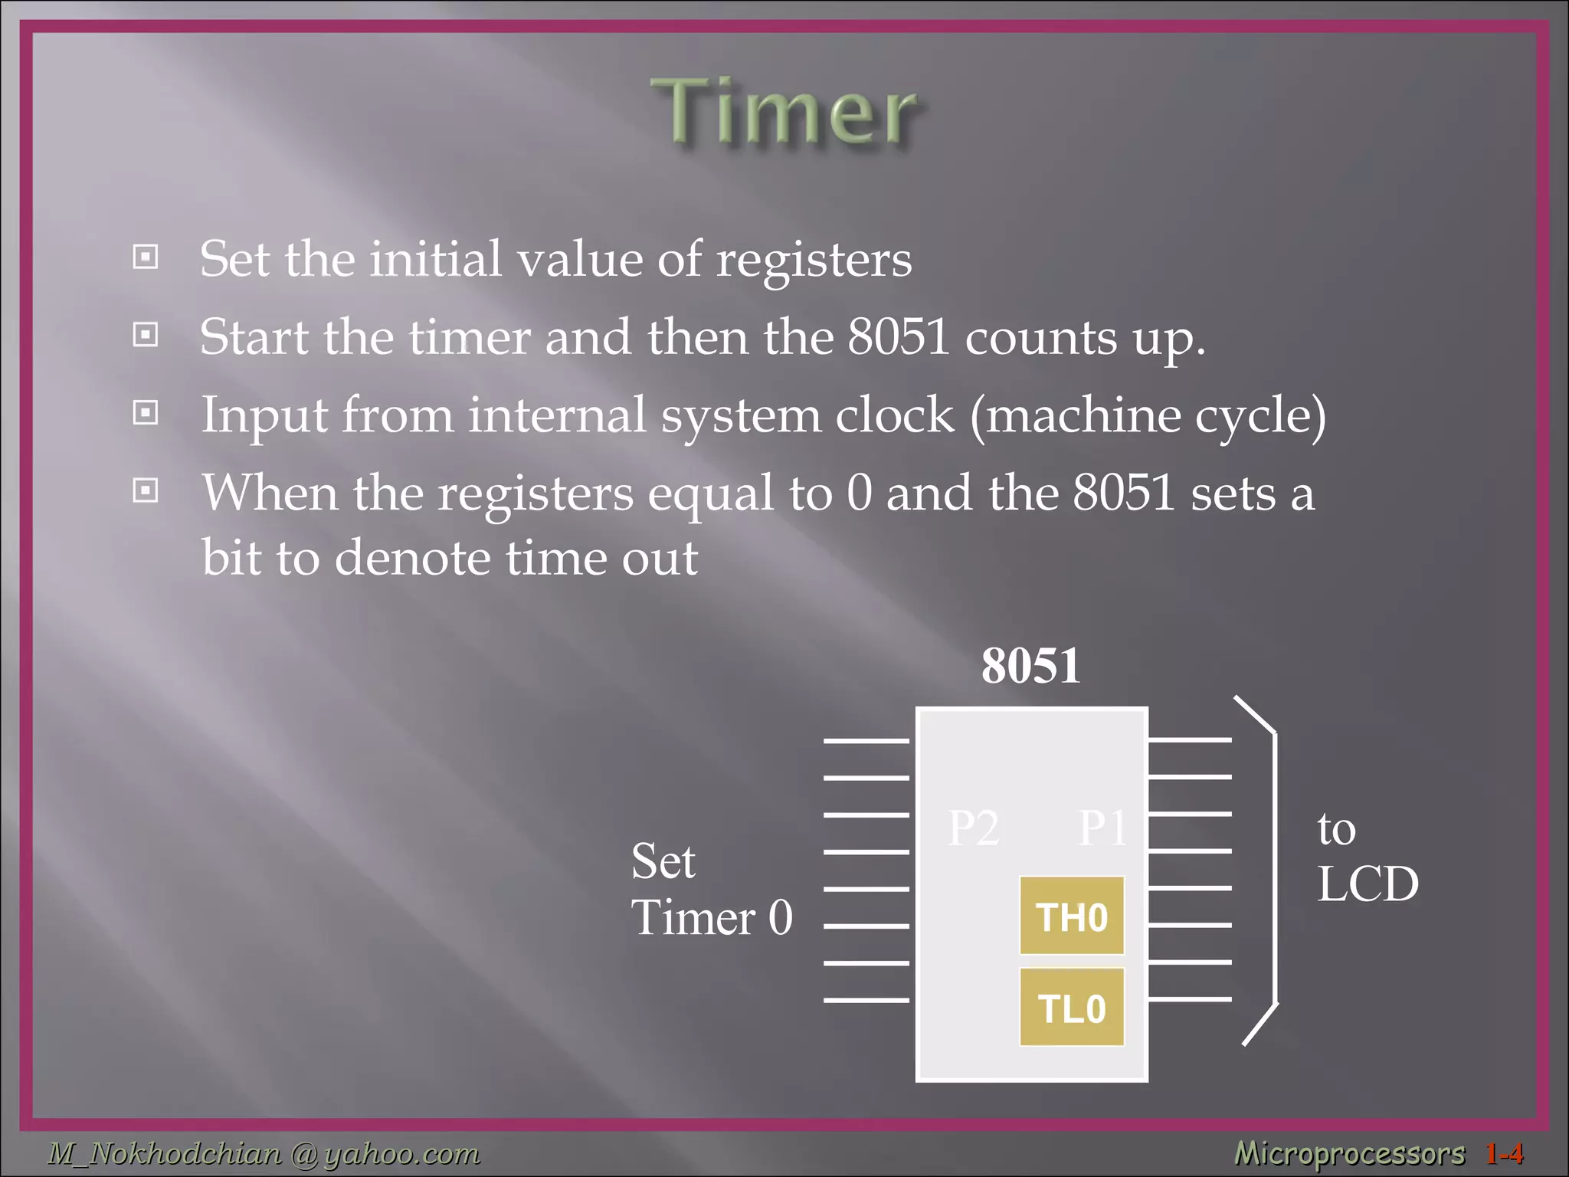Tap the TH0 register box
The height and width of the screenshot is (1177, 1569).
[1072, 916]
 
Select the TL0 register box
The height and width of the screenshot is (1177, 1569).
[1072, 1008]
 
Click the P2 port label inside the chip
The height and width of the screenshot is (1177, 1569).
[973, 828]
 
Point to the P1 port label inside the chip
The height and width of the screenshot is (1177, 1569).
[1102, 828]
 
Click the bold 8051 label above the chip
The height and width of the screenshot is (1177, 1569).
[1030, 665]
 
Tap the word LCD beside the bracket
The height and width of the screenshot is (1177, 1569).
[1368, 884]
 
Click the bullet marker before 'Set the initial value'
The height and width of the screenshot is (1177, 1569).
[146, 257]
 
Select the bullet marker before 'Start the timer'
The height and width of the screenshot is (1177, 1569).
[146, 335]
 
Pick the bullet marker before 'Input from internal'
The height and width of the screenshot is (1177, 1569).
[146, 413]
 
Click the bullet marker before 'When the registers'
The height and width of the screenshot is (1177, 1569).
[146, 490]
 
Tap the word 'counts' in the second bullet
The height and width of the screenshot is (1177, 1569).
[1040, 338]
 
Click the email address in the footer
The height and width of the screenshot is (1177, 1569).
[264, 1152]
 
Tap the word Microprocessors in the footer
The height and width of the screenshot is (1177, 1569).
[1349, 1152]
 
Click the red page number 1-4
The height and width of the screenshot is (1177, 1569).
[1504, 1152]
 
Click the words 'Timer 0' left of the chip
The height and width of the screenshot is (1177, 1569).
[711, 917]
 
